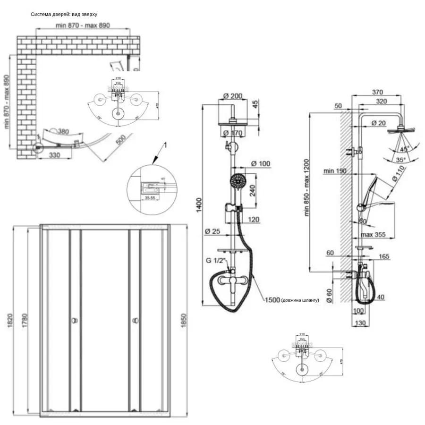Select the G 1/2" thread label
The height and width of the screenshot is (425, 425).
tap(215, 260)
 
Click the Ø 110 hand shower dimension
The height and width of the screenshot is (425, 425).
tap(396, 180)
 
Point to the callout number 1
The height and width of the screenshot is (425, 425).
tap(165, 145)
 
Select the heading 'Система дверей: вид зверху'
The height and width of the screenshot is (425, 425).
tap(64, 14)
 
